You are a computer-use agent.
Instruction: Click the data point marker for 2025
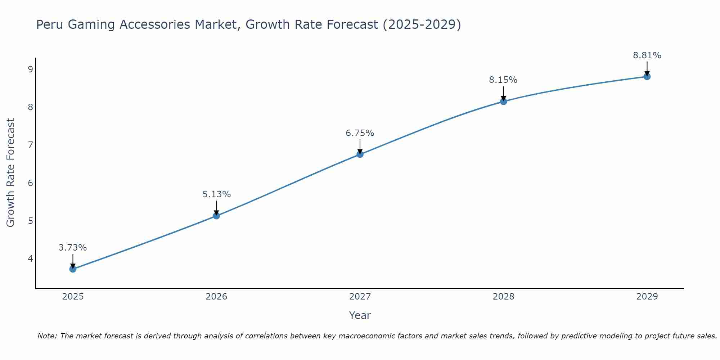(x=73, y=269)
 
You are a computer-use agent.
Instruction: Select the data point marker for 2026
(x=216, y=216)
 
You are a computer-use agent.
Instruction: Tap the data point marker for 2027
(x=360, y=154)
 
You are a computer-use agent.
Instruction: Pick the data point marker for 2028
(x=503, y=102)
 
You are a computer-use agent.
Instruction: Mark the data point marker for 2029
(x=647, y=76)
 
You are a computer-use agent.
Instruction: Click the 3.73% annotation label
(x=73, y=248)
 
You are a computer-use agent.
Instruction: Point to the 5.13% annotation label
(x=216, y=194)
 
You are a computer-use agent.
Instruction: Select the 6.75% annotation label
(x=360, y=133)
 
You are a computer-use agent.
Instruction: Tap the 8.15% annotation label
(x=503, y=80)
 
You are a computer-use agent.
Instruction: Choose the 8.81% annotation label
(x=647, y=55)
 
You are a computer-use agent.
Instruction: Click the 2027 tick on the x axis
(x=360, y=297)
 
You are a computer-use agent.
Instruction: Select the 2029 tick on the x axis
(x=647, y=297)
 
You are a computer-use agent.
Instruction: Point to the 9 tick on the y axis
(x=30, y=69)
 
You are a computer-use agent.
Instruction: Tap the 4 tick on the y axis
(x=30, y=258)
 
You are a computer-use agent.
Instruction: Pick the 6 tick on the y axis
(x=30, y=183)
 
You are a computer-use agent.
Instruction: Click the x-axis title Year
(x=360, y=315)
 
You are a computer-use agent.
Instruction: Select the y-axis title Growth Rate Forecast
(x=11, y=173)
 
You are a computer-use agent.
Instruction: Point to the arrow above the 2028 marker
(x=503, y=93)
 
